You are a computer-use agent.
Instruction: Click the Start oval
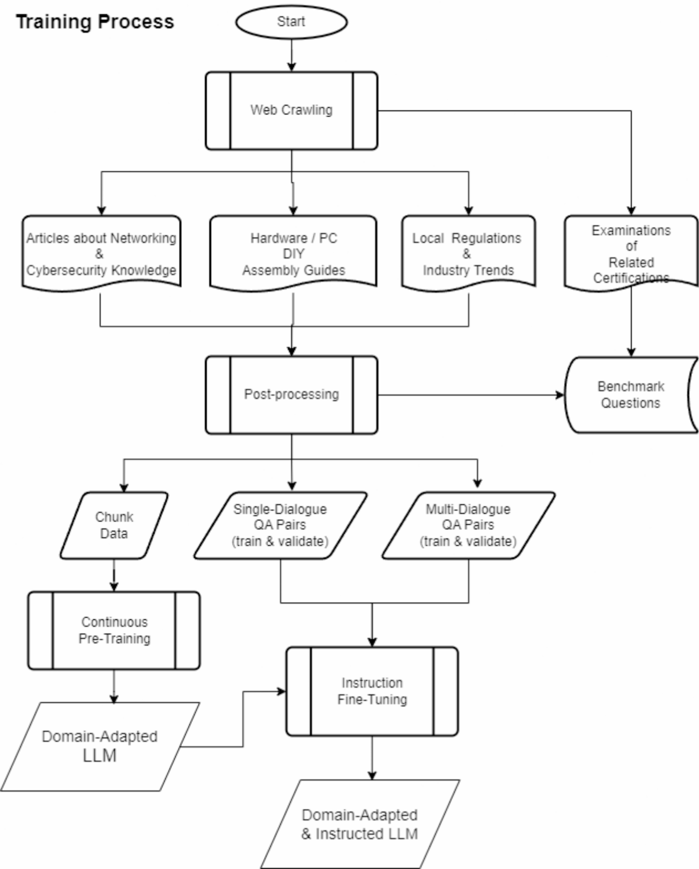click(291, 22)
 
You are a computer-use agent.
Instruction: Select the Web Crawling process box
click(291, 110)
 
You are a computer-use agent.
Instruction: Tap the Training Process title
click(95, 22)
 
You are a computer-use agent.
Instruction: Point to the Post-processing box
click(291, 395)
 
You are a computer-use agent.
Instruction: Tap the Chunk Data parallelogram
click(114, 525)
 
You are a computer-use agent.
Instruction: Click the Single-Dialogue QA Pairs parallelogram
click(280, 525)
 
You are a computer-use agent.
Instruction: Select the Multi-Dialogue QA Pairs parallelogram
click(468, 525)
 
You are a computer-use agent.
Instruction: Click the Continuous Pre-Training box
click(114, 630)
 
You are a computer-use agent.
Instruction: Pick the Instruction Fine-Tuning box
click(372, 691)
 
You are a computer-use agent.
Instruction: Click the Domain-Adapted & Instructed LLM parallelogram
click(359, 824)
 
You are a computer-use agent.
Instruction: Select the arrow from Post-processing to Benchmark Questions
click(470, 395)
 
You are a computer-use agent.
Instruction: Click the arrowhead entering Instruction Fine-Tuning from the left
click(281, 692)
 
